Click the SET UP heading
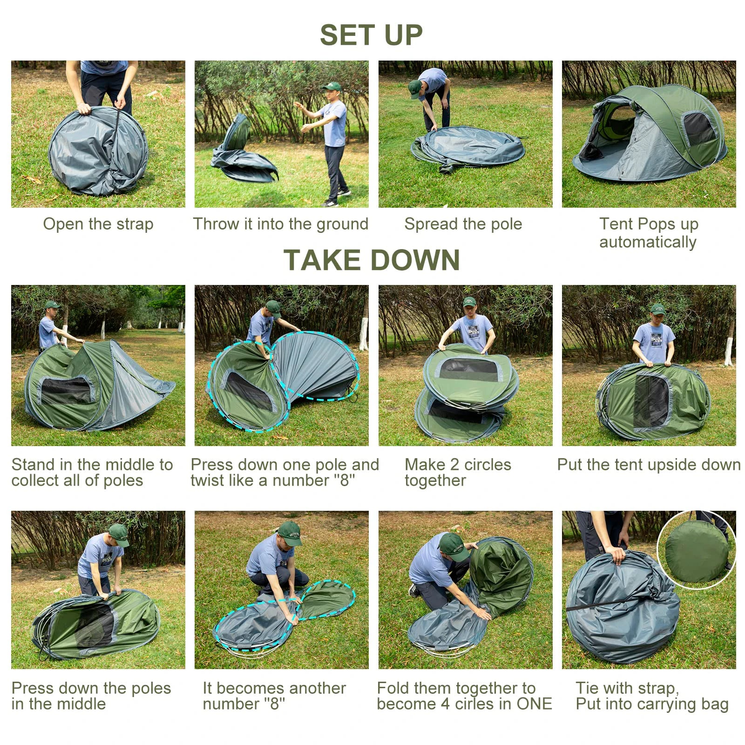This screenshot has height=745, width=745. (x=371, y=35)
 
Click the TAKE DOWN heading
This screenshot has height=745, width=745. (x=371, y=260)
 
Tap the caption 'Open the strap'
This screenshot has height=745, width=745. (x=98, y=224)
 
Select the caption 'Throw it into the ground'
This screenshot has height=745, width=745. (x=281, y=224)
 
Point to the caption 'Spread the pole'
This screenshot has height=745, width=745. (x=463, y=224)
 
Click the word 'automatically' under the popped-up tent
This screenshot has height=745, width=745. (x=648, y=242)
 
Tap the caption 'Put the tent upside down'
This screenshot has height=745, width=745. (x=649, y=465)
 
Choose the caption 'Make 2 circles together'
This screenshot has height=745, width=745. (x=458, y=472)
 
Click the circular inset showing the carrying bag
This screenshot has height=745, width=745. (x=696, y=551)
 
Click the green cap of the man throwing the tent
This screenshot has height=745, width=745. (x=332, y=86)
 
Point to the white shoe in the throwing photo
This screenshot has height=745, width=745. (x=344, y=192)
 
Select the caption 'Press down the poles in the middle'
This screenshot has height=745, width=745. (x=91, y=696)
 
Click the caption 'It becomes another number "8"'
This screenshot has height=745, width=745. (x=274, y=696)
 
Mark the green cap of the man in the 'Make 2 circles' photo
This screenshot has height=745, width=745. (x=469, y=302)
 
